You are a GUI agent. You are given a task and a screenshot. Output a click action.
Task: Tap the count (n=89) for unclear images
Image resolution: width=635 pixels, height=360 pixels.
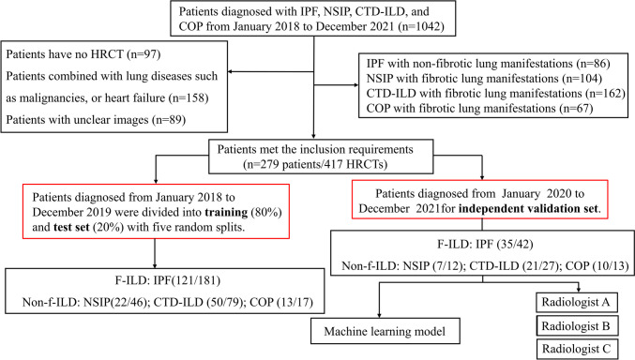[x=194, y=120]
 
